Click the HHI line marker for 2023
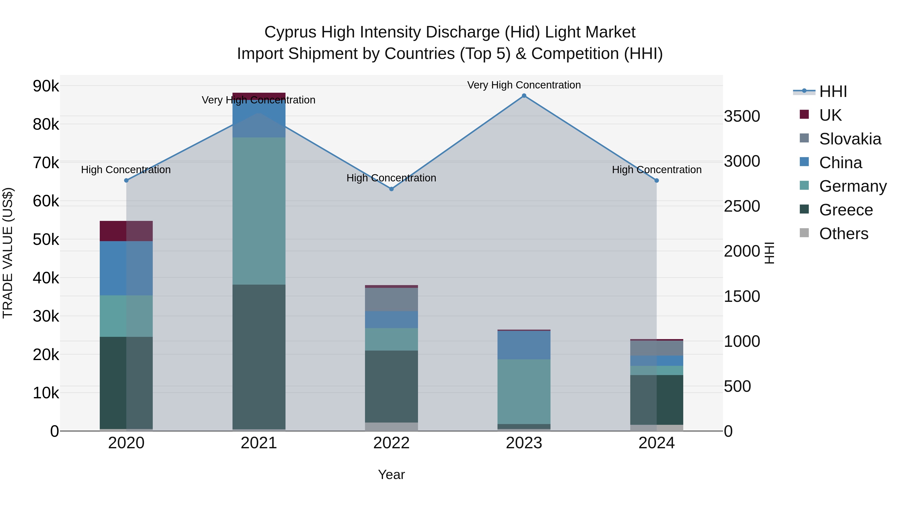pyautogui.click(x=524, y=96)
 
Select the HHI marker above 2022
pyautogui.click(x=391, y=189)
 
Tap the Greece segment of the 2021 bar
pyautogui.click(x=259, y=356)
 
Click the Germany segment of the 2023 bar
pyautogui.click(x=524, y=391)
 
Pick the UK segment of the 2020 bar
pyautogui.click(x=126, y=231)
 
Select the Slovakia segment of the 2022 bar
pyautogui.click(x=391, y=299)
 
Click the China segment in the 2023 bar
pyautogui.click(x=524, y=345)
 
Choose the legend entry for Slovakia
pyautogui.click(x=850, y=139)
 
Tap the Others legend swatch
pyautogui.click(x=804, y=233)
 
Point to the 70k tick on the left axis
pyautogui.click(x=46, y=163)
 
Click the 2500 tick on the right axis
pyautogui.click(x=742, y=206)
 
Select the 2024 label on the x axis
pyautogui.click(x=656, y=443)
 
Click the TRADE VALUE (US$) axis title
pyautogui.click(x=8, y=253)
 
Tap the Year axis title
pyautogui.click(x=391, y=475)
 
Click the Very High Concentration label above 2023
pyautogui.click(x=524, y=85)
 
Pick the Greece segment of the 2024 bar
pyautogui.click(x=656, y=400)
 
